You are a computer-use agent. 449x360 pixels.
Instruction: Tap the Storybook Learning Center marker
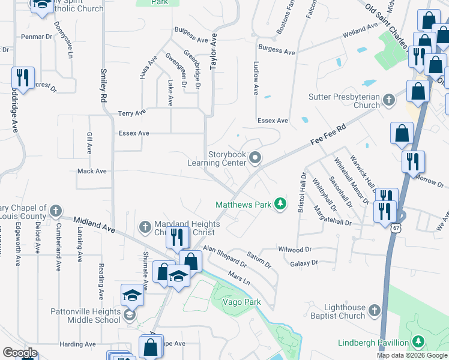pos(256,158)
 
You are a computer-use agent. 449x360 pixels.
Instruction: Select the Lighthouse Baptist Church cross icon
pos(375,310)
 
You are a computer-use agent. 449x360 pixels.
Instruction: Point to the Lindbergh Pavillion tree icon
pos(418,343)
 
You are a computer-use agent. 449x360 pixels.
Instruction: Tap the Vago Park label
pos(241,302)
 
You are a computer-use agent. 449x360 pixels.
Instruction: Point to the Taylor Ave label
pos(213,52)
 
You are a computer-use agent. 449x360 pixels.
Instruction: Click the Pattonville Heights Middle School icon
pos(129,315)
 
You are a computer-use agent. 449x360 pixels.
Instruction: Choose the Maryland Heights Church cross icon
pos(144,227)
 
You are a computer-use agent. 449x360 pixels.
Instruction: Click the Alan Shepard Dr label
pos(225,255)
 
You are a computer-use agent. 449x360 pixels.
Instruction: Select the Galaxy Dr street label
pos(303,263)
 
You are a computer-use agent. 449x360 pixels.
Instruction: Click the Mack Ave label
pos(92,171)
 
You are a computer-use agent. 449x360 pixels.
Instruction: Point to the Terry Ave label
pos(132,113)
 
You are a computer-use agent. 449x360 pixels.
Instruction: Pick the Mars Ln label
pos(238,278)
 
